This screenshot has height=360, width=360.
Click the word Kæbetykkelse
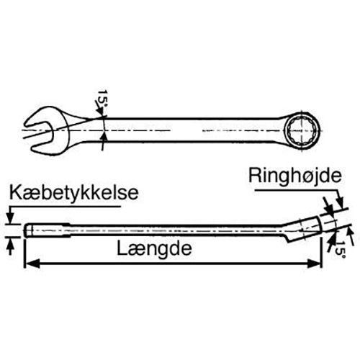(74, 194)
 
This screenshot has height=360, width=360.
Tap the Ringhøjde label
(295, 177)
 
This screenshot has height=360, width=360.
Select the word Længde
(154, 249)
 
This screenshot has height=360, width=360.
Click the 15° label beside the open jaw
(103, 99)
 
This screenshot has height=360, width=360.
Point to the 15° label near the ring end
(341, 250)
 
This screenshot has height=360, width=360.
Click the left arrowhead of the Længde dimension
(32, 264)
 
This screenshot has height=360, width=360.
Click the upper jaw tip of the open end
(27, 122)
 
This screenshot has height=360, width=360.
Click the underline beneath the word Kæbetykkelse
(64, 206)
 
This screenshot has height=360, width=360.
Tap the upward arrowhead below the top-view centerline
(104, 138)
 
